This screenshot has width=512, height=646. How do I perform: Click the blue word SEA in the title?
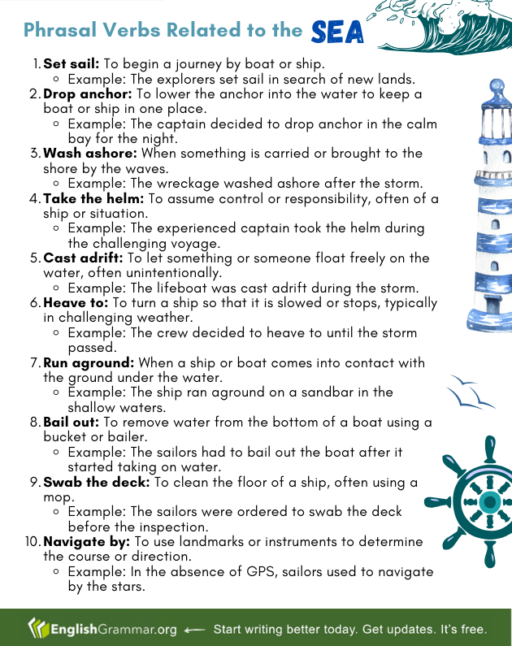[337, 33]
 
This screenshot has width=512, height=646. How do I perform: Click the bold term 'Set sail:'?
[72, 63]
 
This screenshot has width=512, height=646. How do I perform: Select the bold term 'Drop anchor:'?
[88, 94]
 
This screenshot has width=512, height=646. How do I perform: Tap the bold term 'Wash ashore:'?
[89, 154]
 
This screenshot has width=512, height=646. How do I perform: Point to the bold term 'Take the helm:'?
[93, 198]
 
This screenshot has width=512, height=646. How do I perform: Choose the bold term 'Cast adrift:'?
[83, 258]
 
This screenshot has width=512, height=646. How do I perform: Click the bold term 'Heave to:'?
[76, 303]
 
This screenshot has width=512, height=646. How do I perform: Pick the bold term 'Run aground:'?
[89, 363]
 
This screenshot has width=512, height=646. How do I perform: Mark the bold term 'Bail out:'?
[72, 423]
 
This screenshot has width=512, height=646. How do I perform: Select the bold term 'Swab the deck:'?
[97, 482]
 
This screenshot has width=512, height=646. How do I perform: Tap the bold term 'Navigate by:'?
[86, 542]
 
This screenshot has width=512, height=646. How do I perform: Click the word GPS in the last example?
[261, 572]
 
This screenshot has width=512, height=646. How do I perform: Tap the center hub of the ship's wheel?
[490, 502]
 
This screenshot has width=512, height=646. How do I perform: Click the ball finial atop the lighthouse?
[497, 85]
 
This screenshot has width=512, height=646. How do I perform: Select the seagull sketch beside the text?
[471, 392]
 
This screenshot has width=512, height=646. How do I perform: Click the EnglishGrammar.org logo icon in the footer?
[38, 629]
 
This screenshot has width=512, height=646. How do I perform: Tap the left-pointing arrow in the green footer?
[194, 630]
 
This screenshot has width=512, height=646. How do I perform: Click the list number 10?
[33, 541]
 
